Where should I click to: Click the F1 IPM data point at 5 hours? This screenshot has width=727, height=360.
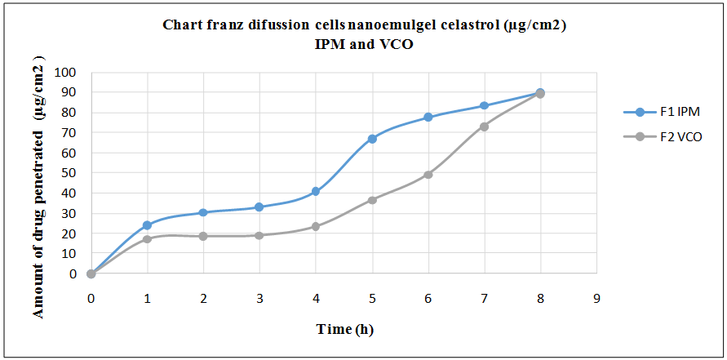pyautogui.click(x=372, y=139)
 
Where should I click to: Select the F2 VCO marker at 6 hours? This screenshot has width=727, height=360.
pyautogui.click(x=428, y=175)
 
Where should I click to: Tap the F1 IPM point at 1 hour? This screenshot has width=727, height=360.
pyautogui.click(x=148, y=225)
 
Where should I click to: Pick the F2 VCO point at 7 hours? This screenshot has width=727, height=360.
pyautogui.click(x=485, y=127)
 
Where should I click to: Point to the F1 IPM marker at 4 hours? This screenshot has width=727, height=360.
pyautogui.click(x=316, y=192)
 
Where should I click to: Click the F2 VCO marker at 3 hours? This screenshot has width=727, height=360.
pyautogui.click(x=259, y=235)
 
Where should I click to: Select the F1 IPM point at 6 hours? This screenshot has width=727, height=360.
pyautogui.click(x=428, y=118)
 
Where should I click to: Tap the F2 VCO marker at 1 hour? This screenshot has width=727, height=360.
pyautogui.click(x=148, y=239)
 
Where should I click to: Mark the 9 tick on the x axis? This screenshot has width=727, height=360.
pyautogui.click(x=596, y=299)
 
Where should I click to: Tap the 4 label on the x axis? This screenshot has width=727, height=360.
pyautogui.click(x=316, y=299)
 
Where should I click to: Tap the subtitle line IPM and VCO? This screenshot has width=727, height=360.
pyautogui.click(x=364, y=44)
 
